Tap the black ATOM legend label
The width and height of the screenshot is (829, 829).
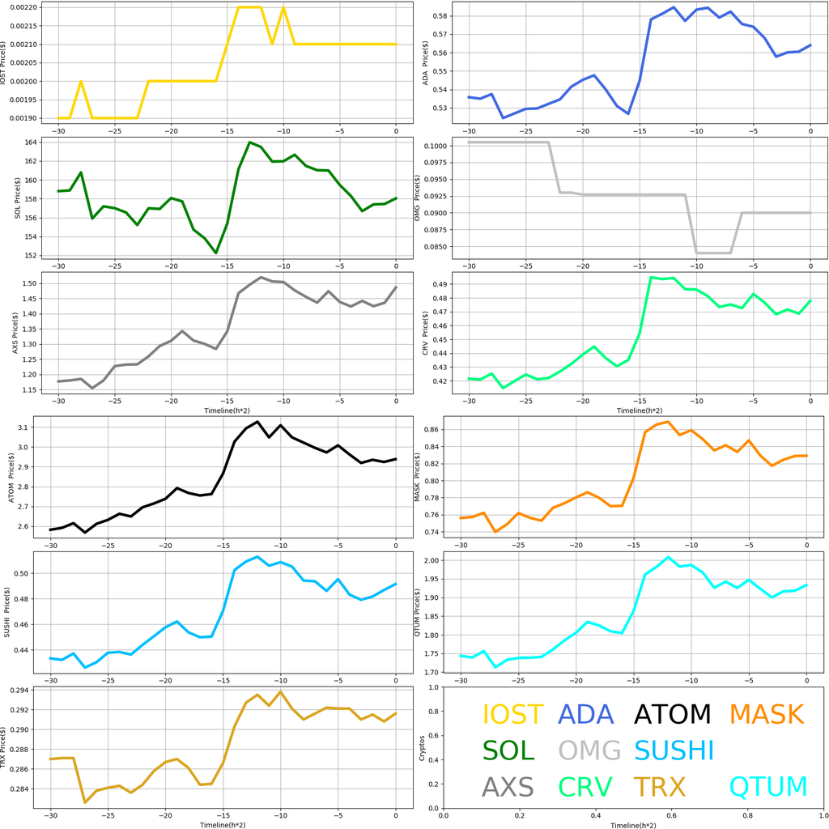(672, 715)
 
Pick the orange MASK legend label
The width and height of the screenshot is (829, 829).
(767, 715)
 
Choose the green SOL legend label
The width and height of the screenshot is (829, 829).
(508, 750)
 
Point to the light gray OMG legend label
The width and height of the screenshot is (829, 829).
(589, 750)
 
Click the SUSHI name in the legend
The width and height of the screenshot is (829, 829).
(674, 750)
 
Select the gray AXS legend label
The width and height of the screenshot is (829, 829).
(508, 787)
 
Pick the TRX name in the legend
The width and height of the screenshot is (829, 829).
(659, 787)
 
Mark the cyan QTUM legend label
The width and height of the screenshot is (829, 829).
(768, 787)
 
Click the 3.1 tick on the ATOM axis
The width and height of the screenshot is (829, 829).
(32, 427)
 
